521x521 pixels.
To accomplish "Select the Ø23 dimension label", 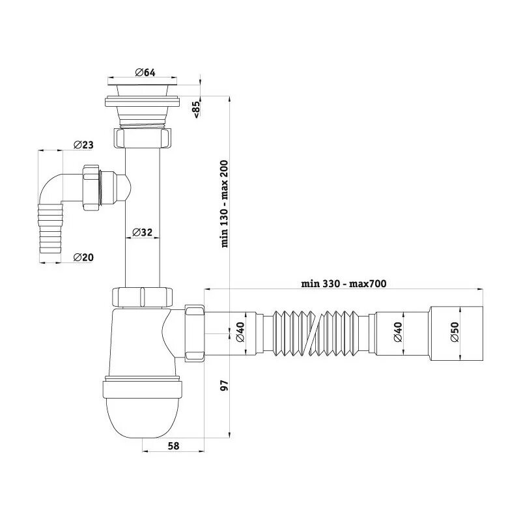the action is pos(84,145).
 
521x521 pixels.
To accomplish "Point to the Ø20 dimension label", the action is pos(83,257).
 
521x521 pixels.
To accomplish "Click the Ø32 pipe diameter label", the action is pos(143,232).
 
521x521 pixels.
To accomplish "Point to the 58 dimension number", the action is pos(174,446).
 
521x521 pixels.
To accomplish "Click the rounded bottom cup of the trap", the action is pos(143,417).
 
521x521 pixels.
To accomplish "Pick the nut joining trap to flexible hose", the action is pos(195,331).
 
